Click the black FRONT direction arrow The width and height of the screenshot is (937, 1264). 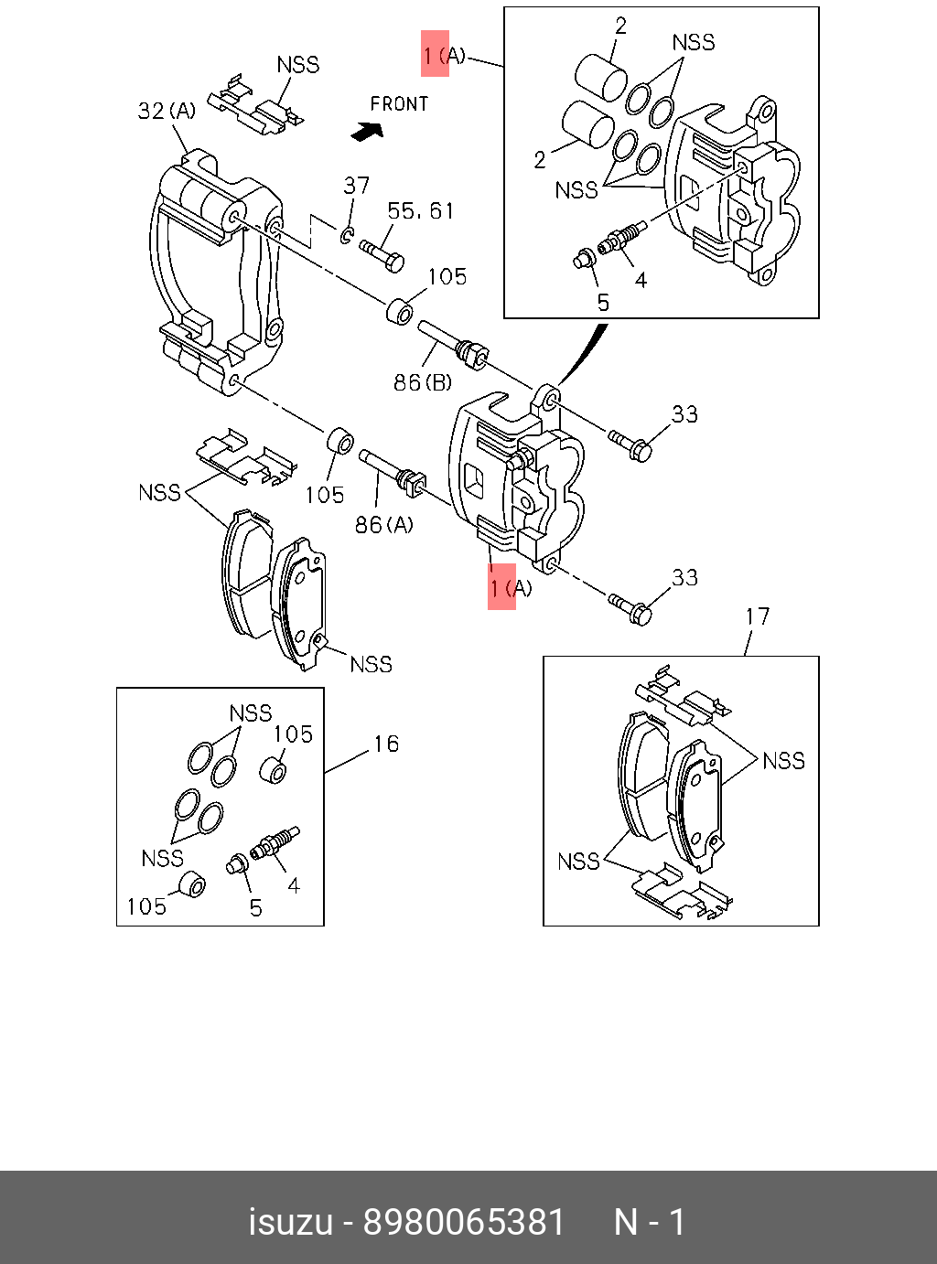(x=367, y=132)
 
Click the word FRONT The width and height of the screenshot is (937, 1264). (x=399, y=103)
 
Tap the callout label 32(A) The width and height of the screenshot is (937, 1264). (x=167, y=111)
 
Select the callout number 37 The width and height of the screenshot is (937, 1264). (x=357, y=186)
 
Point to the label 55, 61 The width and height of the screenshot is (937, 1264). (x=421, y=211)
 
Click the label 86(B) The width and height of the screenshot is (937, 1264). (x=423, y=381)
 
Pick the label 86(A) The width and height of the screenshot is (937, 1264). (x=383, y=524)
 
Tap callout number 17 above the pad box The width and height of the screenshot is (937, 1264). (x=758, y=616)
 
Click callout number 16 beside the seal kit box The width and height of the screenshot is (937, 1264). (x=386, y=744)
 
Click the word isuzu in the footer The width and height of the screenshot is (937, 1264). (x=291, y=1223)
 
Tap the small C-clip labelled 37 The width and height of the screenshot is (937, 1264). (x=347, y=235)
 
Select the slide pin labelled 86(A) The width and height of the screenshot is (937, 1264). (x=393, y=474)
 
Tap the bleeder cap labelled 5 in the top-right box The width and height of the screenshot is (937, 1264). (x=584, y=259)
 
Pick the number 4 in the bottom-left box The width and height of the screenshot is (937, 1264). (x=294, y=885)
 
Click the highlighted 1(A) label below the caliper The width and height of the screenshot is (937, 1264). (x=511, y=587)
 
